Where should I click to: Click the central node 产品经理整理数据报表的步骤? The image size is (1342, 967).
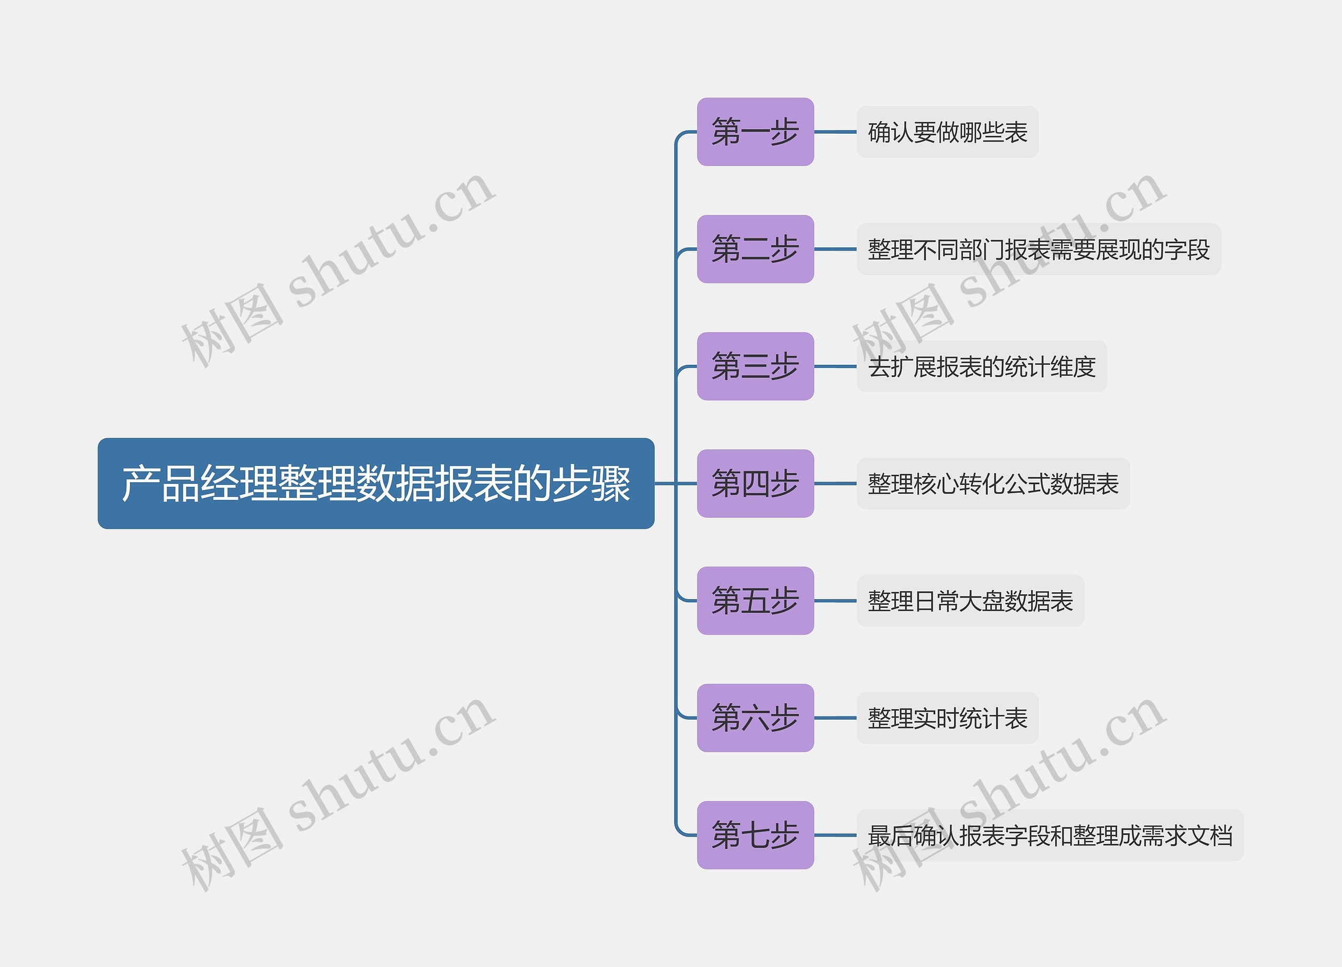(376, 483)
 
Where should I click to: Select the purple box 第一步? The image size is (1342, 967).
(755, 132)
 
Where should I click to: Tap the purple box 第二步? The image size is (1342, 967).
(755, 249)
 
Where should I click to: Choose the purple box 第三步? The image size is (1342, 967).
(755, 366)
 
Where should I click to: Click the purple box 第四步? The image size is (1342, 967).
(755, 483)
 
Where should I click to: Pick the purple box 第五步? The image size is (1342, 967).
(755, 600)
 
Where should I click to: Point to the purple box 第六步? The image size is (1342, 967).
(755, 718)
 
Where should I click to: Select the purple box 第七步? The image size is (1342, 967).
(755, 834)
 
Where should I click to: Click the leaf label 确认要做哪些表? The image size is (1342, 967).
(947, 132)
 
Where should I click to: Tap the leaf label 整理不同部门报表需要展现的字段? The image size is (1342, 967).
(1038, 249)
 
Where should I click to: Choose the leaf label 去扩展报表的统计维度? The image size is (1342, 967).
(982, 366)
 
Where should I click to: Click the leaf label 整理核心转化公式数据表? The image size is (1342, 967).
(993, 483)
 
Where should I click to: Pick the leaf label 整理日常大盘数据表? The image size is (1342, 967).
(970, 600)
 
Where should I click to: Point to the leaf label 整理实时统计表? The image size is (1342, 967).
(947, 718)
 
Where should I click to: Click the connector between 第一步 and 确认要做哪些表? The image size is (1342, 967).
(835, 132)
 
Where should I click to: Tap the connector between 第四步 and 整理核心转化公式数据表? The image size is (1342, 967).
(835, 483)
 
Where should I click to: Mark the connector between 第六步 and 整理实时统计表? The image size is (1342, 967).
(835, 718)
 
